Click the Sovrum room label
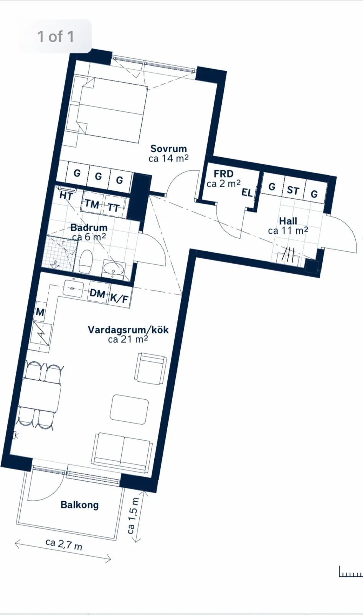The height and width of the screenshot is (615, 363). point(168,149)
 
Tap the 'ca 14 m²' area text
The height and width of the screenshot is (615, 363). point(168,158)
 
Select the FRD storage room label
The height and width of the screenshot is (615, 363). point(223,174)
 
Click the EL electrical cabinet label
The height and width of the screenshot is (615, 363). point(247,193)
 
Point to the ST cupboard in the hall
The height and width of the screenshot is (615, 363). point(293,190)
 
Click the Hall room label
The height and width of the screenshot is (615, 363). point(288,221)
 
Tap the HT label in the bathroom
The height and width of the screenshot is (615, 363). point(66,196)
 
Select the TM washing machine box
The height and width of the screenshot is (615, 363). point(92,204)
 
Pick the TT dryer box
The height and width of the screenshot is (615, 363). point(114,208)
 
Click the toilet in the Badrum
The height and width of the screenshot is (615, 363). point(85,261)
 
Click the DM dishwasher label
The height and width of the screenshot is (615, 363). point(97,294)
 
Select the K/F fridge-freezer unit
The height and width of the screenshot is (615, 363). point(119,298)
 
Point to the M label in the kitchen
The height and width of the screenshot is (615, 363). point(40,312)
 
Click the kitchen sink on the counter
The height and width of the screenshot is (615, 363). point(73,288)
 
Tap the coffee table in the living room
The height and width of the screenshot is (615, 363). point(129,409)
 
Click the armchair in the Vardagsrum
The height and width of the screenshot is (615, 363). point(151,368)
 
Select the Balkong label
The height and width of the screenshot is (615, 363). point(79,505)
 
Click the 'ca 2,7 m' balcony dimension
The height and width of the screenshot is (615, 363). point(63,544)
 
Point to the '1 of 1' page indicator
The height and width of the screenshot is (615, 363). point(55,37)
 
